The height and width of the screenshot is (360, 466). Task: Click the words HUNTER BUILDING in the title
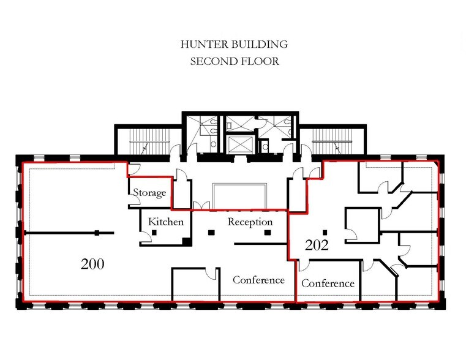click(x=233, y=45)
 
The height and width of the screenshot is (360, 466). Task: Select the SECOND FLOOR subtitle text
click(x=233, y=61)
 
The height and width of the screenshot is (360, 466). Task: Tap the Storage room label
click(x=149, y=193)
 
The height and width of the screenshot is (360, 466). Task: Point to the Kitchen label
click(x=165, y=222)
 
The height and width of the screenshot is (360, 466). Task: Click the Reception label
click(x=250, y=222)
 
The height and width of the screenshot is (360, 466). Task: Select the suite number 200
click(x=92, y=264)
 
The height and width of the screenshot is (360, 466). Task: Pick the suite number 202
click(x=318, y=246)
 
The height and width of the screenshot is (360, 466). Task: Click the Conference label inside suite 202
click(x=328, y=283)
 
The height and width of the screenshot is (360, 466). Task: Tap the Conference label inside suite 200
click(x=258, y=280)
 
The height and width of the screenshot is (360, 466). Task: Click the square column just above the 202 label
click(x=325, y=232)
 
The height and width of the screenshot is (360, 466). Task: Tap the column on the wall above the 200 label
click(x=97, y=233)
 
